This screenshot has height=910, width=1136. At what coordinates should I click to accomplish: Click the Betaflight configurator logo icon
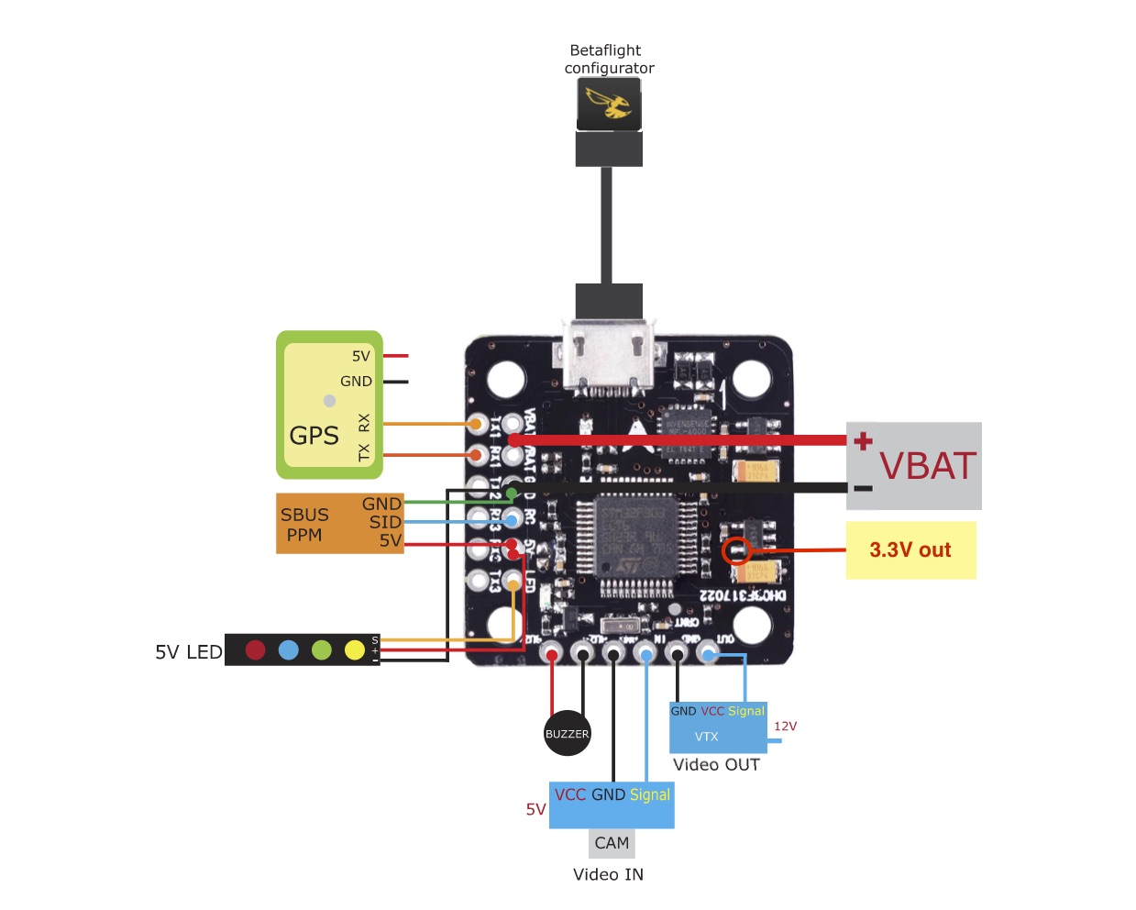click(x=609, y=103)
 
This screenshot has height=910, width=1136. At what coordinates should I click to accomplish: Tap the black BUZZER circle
click(x=567, y=733)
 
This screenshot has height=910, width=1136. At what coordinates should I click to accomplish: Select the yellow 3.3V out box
click(x=910, y=550)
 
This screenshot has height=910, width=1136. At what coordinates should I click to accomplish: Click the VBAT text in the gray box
click(x=928, y=466)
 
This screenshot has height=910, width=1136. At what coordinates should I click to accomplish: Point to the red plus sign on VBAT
click(x=863, y=441)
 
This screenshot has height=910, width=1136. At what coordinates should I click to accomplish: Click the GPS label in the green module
click(x=314, y=436)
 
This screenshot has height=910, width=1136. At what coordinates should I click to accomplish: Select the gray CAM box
click(x=612, y=843)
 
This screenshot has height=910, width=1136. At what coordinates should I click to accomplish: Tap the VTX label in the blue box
click(x=706, y=737)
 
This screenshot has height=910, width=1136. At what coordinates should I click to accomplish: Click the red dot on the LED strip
click(x=256, y=649)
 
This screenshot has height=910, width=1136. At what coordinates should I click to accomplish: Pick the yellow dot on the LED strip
click(x=355, y=649)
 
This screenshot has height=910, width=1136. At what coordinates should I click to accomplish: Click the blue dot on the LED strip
click(x=289, y=649)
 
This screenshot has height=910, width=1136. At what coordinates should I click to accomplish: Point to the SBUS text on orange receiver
click(x=304, y=515)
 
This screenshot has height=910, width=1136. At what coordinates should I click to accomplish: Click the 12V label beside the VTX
click(x=785, y=727)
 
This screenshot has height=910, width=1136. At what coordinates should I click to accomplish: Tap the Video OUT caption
click(x=716, y=765)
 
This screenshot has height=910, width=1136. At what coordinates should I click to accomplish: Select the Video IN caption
click(x=608, y=875)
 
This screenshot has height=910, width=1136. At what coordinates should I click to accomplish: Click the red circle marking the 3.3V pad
click(x=736, y=550)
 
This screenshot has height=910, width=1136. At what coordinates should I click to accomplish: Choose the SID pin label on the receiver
click(x=385, y=522)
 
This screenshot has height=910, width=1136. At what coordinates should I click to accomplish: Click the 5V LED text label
click(x=189, y=652)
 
